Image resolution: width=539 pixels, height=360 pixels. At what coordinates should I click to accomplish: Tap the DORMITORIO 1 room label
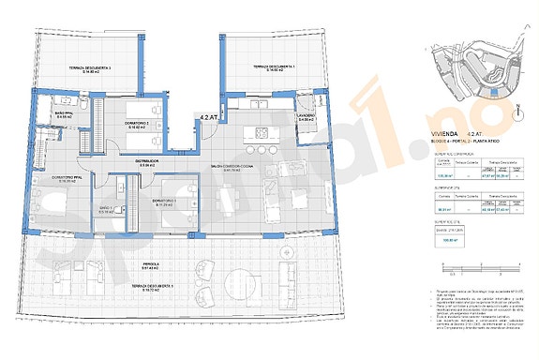pos(164,202)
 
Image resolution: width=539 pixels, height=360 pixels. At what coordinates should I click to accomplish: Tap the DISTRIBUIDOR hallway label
pos(144,161)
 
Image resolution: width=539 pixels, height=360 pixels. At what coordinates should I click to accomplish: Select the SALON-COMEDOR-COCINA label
pos(226,169)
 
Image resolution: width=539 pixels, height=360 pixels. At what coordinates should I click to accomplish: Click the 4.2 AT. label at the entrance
pos(210,115)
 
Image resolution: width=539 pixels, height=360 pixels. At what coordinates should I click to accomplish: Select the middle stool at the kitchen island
pos(262,149)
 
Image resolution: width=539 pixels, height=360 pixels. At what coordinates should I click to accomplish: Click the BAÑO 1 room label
pos(106,210)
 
